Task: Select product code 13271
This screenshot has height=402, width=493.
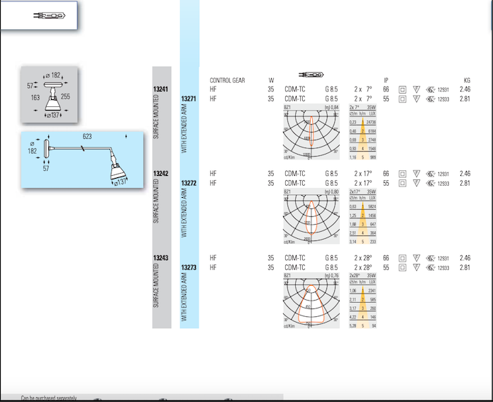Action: [188, 99]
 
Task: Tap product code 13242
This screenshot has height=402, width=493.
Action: [160, 174]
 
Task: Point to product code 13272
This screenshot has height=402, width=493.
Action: [188, 183]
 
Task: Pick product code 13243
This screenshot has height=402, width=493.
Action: [160, 258]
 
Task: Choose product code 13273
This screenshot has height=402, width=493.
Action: [188, 267]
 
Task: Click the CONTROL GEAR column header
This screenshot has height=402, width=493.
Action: [227, 80]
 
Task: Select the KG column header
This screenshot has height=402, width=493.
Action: [466, 80]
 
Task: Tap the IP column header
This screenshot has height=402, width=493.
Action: [386, 80]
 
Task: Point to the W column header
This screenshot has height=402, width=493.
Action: [271, 80]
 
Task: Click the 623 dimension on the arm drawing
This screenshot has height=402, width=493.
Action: [87, 135]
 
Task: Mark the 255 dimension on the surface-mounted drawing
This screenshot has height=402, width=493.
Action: [65, 96]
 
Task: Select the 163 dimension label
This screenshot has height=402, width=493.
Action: [35, 97]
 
